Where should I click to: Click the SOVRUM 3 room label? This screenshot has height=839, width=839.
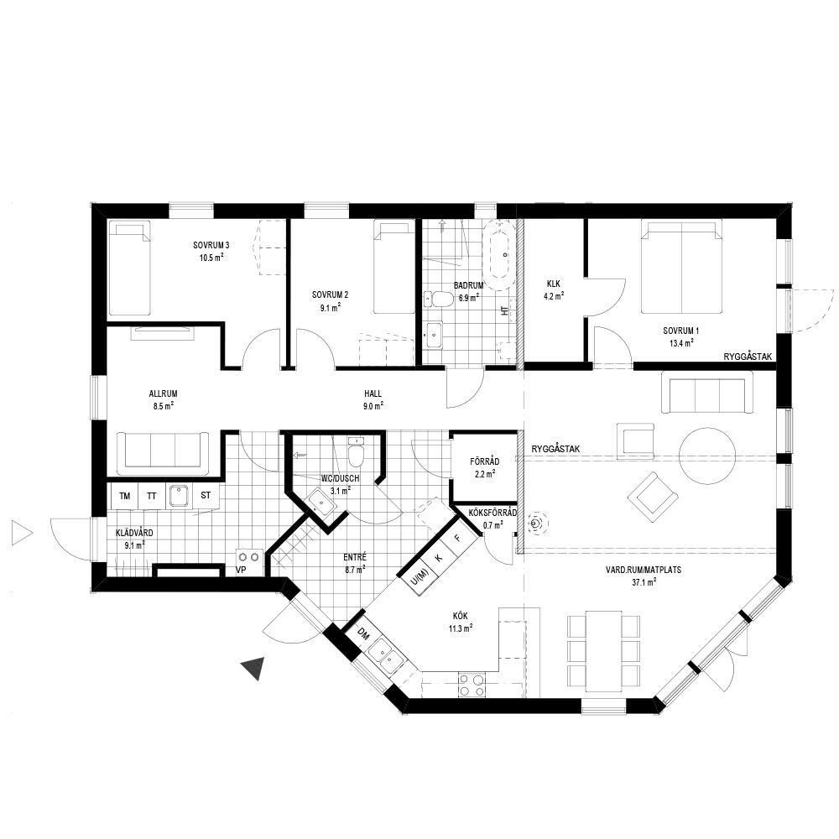coord(211,245)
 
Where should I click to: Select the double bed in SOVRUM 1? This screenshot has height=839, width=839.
coord(681,268)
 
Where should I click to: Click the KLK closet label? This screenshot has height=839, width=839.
coord(554,284)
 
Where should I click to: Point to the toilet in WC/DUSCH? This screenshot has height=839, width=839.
coord(356,451)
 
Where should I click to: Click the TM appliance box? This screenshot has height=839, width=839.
coord(125,496)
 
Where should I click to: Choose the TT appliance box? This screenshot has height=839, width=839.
coord(152,496)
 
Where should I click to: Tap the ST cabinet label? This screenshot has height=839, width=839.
coord(206,495)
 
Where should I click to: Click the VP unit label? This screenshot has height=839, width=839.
coord(241,570)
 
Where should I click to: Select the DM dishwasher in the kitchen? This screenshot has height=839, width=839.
coord(364,635)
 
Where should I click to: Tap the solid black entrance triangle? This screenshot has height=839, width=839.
coord(253,669)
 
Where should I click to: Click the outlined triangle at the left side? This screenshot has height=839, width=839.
coord(22,534)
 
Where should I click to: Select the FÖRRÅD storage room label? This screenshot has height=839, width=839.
coord(485,461)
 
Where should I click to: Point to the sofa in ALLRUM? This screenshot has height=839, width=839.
coord(164,453)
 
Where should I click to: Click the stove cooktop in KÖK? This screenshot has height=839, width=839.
coord(472,685)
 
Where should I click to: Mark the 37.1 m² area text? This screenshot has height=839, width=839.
coord(644,583)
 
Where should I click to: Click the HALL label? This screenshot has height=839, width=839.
coord(373,393)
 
